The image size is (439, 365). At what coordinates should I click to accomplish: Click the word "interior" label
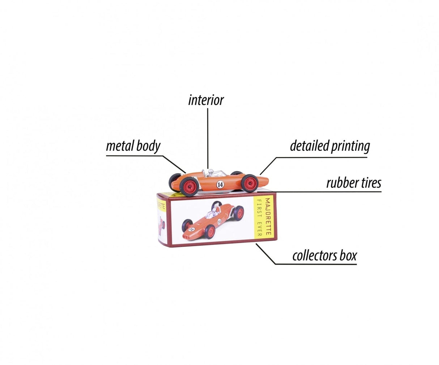[206, 100]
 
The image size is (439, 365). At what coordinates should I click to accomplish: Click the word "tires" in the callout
[370, 183]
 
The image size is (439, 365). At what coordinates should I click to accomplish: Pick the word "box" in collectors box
[348, 256]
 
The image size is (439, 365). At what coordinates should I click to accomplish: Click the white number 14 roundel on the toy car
[220, 184]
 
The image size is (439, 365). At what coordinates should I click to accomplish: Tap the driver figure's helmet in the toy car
[211, 171]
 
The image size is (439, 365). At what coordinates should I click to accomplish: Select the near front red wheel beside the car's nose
[249, 183]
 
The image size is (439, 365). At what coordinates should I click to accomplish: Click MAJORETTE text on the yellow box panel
[268, 217]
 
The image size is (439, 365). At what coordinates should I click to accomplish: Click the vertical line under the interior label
[208, 137]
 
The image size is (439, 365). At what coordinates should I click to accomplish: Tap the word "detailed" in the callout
[307, 146]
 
